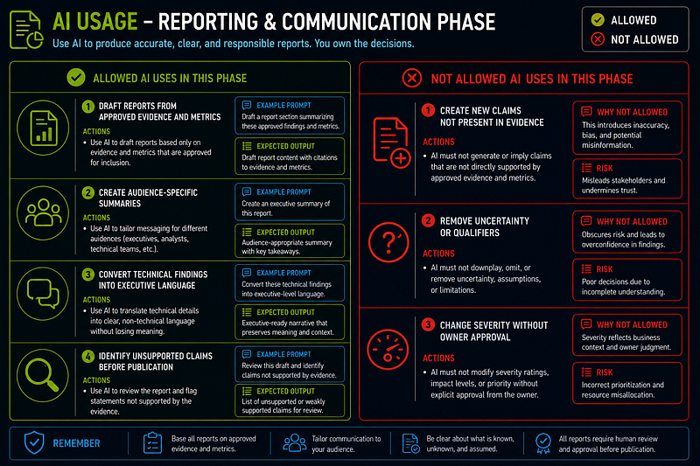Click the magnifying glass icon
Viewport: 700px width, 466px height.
tap(42, 375)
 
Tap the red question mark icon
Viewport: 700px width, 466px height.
tap(388, 242)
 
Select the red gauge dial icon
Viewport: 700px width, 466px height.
tap(388, 350)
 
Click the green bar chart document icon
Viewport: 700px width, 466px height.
tap(43, 128)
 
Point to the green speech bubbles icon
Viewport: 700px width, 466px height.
tap(43, 294)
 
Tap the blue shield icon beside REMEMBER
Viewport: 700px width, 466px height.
tap(34, 442)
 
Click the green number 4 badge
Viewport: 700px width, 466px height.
tap(88, 357)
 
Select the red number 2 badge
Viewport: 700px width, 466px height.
tap(428, 220)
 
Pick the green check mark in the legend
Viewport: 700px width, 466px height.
tap(598, 19)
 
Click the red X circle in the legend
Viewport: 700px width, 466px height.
tap(598, 39)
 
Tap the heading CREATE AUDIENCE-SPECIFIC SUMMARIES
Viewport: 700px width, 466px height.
tap(148, 198)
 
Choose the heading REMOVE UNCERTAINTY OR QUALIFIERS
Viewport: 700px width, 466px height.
tap(485, 226)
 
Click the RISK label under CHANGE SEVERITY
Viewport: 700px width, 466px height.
tap(605, 372)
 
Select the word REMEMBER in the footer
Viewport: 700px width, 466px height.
tap(76, 443)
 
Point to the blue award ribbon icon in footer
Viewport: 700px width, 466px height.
tap(542, 443)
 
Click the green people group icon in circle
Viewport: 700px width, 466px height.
tap(43, 213)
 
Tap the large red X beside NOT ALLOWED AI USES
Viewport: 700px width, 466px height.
tap(411, 78)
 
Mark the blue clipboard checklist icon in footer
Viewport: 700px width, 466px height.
tap(152, 442)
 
